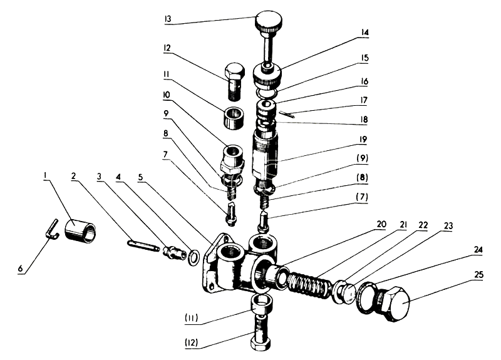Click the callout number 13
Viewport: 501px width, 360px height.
coord(168,19)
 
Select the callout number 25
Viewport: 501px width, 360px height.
coord(479,275)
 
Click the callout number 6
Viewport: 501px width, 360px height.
coord(21,269)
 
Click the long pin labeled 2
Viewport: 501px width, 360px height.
coord(143,245)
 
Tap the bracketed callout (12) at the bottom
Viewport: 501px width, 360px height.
coord(192,342)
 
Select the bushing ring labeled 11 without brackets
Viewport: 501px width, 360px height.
coord(235,118)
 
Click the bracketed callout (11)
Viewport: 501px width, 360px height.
coord(192,318)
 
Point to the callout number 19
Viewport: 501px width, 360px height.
coord(363,140)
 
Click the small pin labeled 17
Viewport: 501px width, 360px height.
coord(287,114)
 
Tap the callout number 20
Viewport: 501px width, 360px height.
coord(381,224)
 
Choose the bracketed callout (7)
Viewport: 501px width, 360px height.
coord(361,197)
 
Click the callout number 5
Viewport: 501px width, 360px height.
coord(140,177)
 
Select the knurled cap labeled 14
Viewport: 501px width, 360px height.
coord(267,76)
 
